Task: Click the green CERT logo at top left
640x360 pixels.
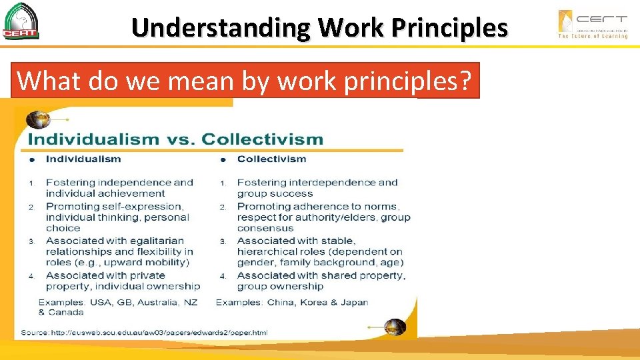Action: (x=21, y=21)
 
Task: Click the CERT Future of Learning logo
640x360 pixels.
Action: (x=593, y=24)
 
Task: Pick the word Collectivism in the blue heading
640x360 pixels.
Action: (x=262, y=139)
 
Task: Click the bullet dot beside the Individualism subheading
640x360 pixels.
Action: (x=31, y=159)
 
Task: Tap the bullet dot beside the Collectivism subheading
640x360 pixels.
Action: (x=223, y=159)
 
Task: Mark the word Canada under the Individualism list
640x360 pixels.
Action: (x=67, y=312)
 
